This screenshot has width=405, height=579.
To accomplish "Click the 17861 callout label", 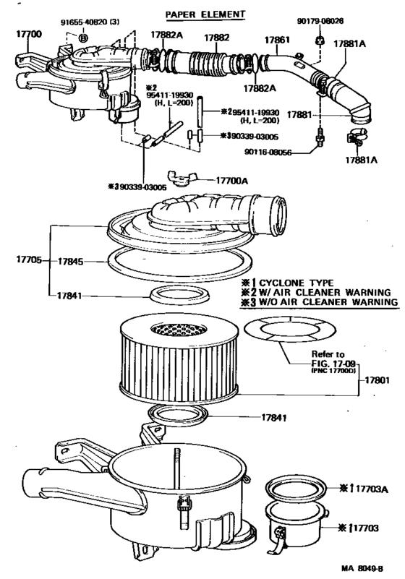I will (x=276, y=42).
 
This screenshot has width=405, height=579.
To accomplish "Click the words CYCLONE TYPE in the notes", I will (x=304, y=282).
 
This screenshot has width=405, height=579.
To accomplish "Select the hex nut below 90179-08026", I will (x=318, y=39).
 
